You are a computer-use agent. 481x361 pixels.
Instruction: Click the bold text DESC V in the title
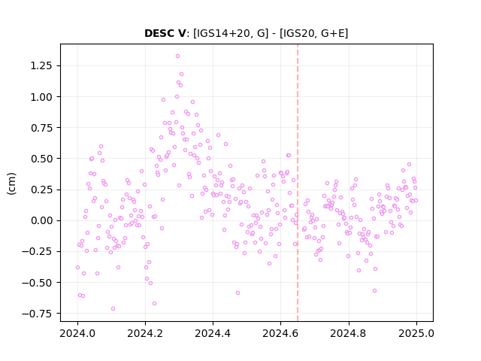click(x=165, y=33)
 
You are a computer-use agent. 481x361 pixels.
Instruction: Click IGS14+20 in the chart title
click(x=222, y=33)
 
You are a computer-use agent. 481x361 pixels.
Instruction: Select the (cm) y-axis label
click(x=11, y=184)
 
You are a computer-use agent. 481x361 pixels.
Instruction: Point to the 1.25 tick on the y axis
click(x=41, y=65)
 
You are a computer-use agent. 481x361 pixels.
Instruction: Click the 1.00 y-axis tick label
click(x=41, y=97)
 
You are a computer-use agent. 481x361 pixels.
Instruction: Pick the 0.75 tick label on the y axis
click(x=41, y=128)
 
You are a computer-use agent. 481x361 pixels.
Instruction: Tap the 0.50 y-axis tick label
click(x=41, y=159)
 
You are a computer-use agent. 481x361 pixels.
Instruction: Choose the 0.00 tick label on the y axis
click(x=41, y=220)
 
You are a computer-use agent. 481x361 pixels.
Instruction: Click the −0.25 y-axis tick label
click(x=37, y=251)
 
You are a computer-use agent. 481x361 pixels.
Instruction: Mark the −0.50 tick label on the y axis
click(x=37, y=283)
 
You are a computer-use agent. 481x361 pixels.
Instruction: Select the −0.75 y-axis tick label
click(x=37, y=314)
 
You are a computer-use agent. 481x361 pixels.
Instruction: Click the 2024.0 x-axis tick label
click(x=77, y=333)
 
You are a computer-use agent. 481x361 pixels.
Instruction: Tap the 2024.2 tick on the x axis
click(x=145, y=333)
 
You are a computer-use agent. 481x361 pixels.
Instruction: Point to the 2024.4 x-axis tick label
click(x=213, y=333)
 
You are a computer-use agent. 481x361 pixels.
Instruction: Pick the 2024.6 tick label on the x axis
click(x=280, y=333)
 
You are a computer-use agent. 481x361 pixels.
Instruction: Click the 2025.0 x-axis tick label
click(x=416, y=333)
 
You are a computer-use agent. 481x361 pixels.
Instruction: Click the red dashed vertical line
click(x=298, y=183)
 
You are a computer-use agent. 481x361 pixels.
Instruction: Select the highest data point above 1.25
click(x=177, y=56)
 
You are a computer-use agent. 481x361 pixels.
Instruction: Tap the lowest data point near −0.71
click(x=113, y=309)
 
